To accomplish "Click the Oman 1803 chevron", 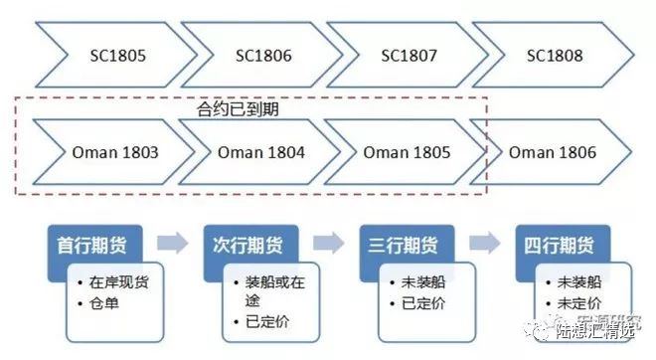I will tap(115, 153).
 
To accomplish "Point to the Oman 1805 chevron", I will tap(407, 153).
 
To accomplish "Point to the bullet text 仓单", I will tap(104, 303).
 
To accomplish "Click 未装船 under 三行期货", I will tap(419, 281).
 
